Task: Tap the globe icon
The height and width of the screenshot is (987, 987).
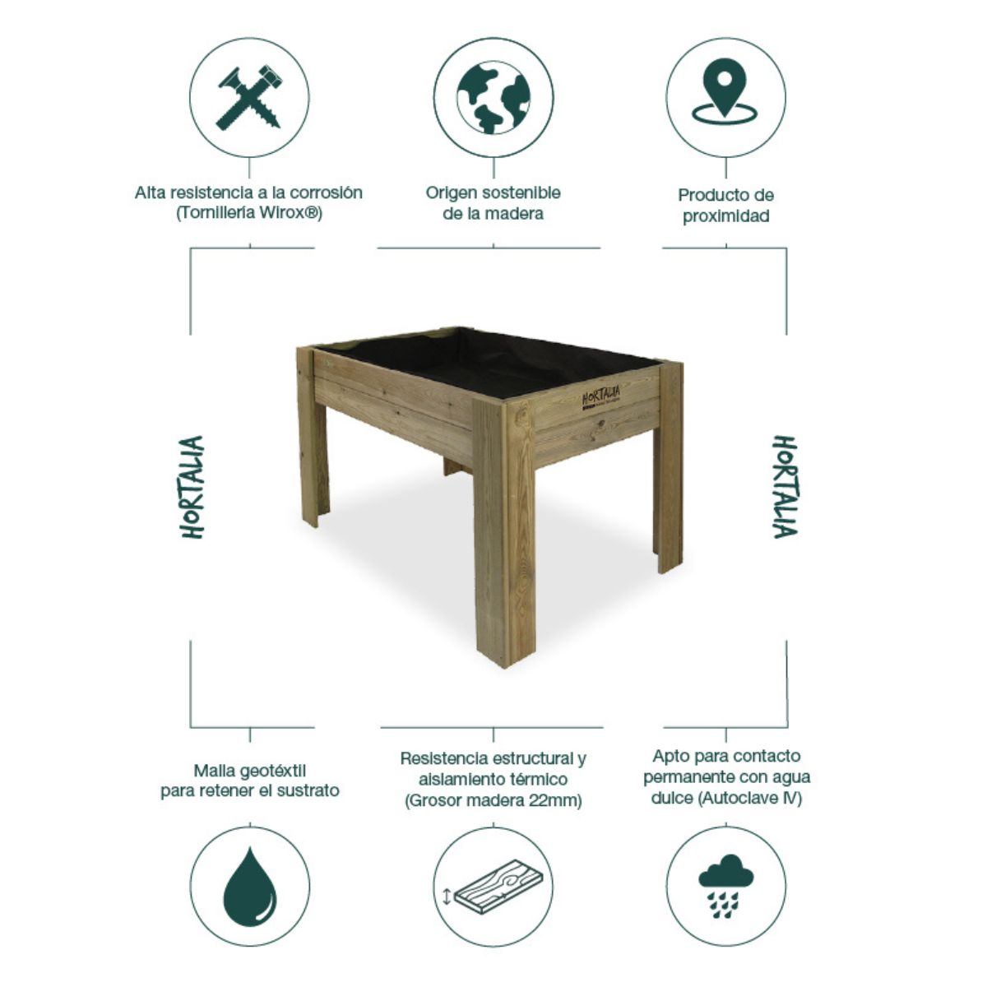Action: tap(493, 97)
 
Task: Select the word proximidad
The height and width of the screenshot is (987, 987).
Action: tap(725, 216)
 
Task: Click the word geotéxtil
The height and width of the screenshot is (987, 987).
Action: tap(272, 771)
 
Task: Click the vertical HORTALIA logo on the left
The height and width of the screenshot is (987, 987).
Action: tap(192, 487)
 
